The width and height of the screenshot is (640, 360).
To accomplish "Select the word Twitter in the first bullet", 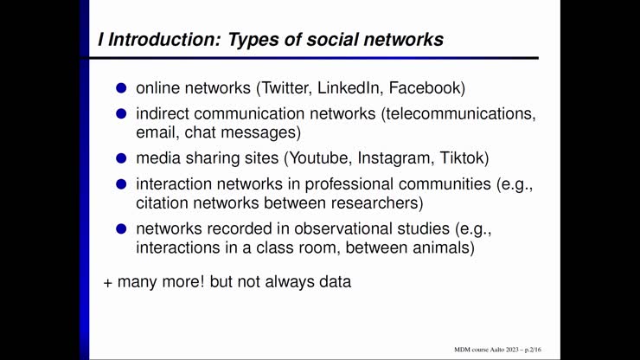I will click(x=286, y=88).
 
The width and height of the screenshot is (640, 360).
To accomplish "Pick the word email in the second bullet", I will click(x=157, y=132).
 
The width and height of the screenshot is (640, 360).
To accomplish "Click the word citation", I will click(x=164, y=203).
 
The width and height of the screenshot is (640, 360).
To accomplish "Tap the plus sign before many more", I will click(x=108, y=282).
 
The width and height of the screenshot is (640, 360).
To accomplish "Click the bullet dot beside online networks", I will click(x=122, y=88).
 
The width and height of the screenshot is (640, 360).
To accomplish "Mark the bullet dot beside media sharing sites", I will click(x=122, y=158).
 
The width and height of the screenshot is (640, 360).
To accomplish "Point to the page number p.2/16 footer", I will click(x=527, y=349).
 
